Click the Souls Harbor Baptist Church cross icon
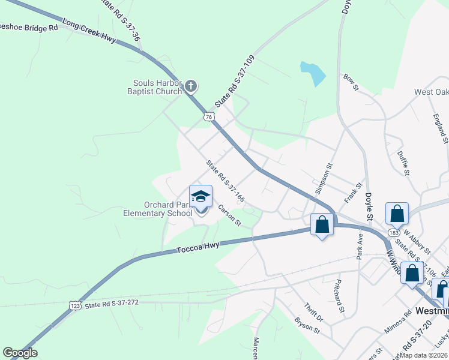190,87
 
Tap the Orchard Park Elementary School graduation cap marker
201,196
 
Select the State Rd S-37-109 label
235,82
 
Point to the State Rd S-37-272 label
112,304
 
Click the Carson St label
229,215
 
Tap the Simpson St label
323,178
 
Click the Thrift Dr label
313,311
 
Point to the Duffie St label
403,163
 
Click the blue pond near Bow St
313,73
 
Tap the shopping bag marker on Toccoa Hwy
322,225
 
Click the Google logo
20,353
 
